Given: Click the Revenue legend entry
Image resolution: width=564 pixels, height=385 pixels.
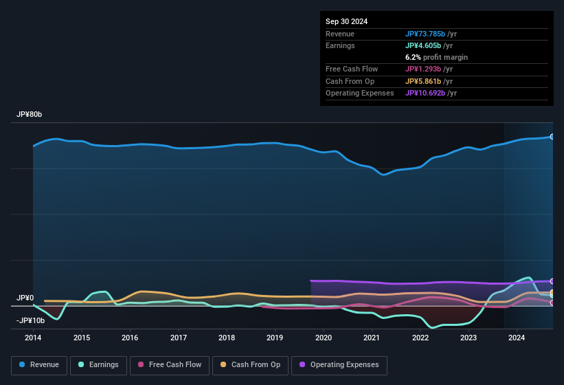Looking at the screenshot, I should pos(40,365).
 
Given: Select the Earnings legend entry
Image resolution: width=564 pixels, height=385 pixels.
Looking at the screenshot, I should pos(98,365).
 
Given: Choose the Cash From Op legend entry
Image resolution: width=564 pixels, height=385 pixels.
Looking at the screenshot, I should pos(250,365).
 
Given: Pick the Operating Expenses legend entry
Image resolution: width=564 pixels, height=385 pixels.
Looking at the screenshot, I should pos(339,365).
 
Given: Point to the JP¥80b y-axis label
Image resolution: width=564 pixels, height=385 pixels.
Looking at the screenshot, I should pos(30,115).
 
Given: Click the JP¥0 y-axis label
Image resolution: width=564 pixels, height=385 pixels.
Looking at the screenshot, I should pos(25,298).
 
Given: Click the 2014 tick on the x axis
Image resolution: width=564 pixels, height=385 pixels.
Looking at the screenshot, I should pos(33,338).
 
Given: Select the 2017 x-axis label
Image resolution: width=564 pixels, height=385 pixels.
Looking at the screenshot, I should pos(179,338).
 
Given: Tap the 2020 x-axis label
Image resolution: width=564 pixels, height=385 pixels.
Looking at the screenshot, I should pos(324,338).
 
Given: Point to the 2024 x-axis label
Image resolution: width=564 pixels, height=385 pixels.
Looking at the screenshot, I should pos(517,338).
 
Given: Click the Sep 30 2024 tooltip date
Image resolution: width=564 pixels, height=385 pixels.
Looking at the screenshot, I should pos(346,21).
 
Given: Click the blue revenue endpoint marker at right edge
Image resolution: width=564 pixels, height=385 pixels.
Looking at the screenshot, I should pos(552,137).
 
